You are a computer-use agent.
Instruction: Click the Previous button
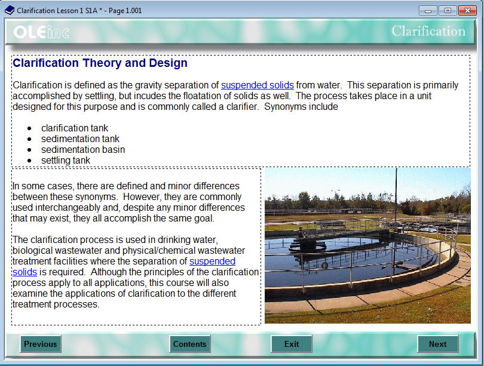coord(41,344)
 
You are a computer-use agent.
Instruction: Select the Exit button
coord(292,344)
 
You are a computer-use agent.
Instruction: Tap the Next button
coord(437,344)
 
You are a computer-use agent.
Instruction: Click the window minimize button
coord(428,10)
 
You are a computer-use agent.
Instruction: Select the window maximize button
coord(446,10)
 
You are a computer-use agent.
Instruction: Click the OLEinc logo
coord(41,32)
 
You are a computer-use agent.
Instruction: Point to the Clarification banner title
coord(428,31)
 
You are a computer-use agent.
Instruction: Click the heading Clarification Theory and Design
coord(100,63)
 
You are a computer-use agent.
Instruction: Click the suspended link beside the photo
coord(212,262)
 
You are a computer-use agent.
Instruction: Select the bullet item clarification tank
coord(75,128)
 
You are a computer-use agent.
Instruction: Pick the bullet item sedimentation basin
coord(83,150)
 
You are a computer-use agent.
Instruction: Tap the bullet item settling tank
coord(66,161)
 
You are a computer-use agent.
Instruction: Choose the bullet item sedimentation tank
coord(81,139)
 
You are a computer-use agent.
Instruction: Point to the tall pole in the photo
coord(396,197)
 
